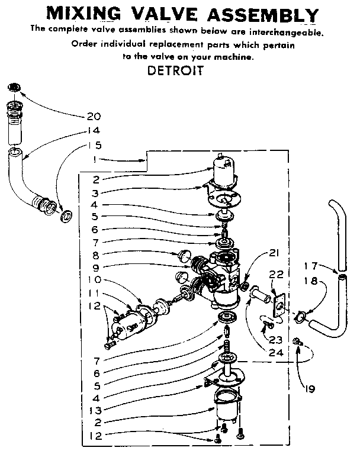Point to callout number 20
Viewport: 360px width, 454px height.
click(94, 116)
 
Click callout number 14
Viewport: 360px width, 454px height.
click(94, 131)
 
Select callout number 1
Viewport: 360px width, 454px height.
click(95, 159)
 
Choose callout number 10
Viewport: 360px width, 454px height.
click(95, 280)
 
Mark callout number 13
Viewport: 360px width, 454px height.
click(94, 409)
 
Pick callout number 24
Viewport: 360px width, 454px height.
click(275, 352)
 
